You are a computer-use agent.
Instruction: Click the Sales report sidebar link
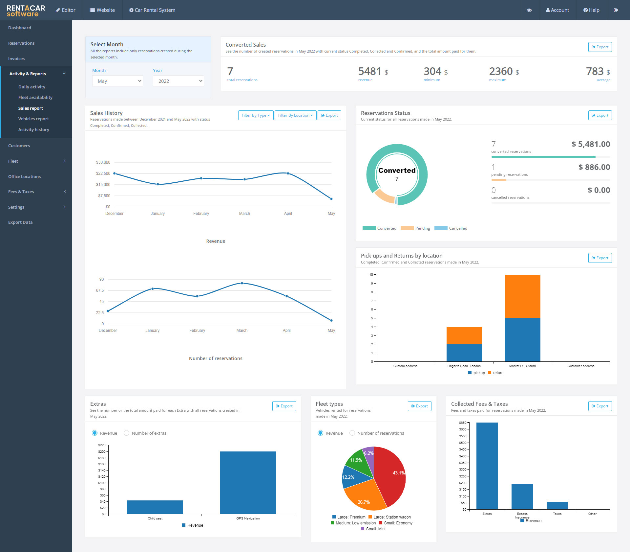point(31,108)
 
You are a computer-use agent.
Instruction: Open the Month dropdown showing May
point(117,81)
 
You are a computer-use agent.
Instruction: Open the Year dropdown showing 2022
point(178,81)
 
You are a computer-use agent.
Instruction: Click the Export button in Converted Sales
point(600,47)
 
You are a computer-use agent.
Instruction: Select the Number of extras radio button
point(127,433)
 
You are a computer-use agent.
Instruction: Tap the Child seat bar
point(155,507)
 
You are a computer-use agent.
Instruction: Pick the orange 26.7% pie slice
point(364,496)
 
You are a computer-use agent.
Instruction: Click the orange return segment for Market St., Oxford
point(522,296)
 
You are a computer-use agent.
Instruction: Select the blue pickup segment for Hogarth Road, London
point(464,353)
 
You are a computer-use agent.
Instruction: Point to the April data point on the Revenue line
point(288,173)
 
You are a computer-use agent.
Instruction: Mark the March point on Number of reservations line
point(242,283)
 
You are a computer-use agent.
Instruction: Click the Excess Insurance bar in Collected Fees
point(522,497)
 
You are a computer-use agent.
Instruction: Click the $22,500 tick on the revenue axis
point(103,173)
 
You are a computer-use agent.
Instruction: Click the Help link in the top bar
point(591,10)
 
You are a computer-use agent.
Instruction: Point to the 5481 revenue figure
point(369,71)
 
